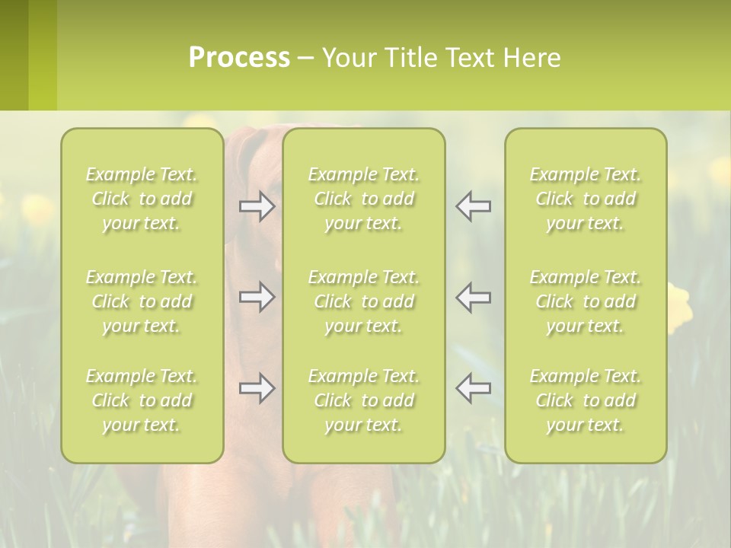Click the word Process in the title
point(239,58)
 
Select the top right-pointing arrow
point(257,207)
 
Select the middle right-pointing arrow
point(257,297)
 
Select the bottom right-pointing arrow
point(257,388)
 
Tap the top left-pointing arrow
point(473,207)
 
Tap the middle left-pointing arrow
point(473,297)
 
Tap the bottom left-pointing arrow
point(473,388)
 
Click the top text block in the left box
point(142,199)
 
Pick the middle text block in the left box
point(142,301)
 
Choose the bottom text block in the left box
point(142,400)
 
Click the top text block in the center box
point(363,199)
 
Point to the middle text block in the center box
point(363,301)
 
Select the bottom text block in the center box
point(363,400)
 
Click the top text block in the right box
point(586,199)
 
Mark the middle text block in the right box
point(586,301)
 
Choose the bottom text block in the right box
point(586,400)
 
